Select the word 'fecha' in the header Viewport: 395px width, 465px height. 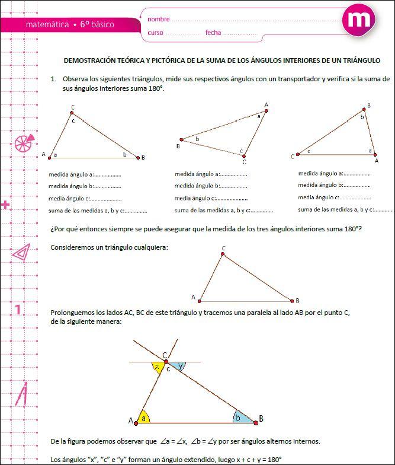(213, 33)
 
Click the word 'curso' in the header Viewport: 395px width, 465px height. (155, 33)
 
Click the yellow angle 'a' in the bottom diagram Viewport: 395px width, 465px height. (143, 418)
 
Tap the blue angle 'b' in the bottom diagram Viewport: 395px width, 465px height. (240, 417)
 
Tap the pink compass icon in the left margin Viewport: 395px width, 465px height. (22, 394)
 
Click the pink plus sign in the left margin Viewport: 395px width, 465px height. (6, 205)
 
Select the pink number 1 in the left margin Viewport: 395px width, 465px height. (18, 310)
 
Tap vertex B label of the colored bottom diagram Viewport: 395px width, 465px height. (261, 419)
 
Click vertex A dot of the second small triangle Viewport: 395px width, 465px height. (266, 112)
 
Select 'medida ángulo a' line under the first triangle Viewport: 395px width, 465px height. (71, 174)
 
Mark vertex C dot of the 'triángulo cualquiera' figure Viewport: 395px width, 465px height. (223, 254)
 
